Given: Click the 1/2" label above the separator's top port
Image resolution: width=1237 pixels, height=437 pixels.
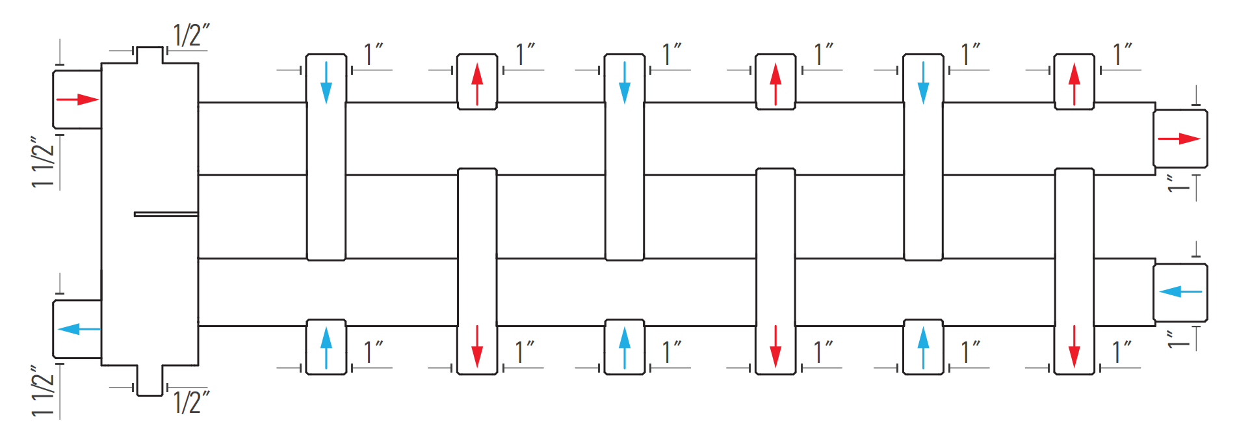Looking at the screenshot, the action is [191, 36].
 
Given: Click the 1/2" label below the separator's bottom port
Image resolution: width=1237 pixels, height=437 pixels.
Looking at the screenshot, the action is [192, 402].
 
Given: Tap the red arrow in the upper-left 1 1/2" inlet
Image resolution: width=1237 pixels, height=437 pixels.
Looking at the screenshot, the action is [77, 99].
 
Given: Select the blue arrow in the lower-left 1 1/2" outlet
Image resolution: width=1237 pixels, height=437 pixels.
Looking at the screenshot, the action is [79, 329].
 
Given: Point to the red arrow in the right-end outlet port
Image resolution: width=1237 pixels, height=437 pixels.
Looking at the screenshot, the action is [1179, 139].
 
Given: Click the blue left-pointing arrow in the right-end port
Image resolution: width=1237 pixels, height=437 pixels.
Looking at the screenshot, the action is [1180, 291].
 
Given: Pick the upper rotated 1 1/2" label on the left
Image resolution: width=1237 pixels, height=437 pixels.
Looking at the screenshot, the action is [44, 162].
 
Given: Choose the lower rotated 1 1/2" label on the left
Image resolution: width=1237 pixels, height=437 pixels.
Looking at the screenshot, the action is [44, 391].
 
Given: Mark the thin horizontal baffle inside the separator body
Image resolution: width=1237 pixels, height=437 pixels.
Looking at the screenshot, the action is [166, 214].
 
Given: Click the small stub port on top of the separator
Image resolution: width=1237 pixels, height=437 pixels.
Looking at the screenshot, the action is [150, 55].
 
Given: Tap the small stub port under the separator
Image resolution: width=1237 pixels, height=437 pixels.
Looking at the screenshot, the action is [150, 380].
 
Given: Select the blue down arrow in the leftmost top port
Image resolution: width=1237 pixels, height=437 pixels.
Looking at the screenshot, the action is [326, 83].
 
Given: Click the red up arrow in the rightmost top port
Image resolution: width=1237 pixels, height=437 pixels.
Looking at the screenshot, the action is [1074, 84].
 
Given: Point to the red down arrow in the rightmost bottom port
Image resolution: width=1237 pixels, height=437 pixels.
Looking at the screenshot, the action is [1074, 347].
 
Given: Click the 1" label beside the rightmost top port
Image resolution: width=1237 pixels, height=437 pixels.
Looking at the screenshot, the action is [1123, 55].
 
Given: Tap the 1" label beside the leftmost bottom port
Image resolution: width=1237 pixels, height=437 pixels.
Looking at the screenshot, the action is [373, 352].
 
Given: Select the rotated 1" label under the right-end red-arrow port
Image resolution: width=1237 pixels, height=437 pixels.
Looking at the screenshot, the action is [1178, 183].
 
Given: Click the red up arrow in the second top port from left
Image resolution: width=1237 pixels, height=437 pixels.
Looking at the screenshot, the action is [477, 84].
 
